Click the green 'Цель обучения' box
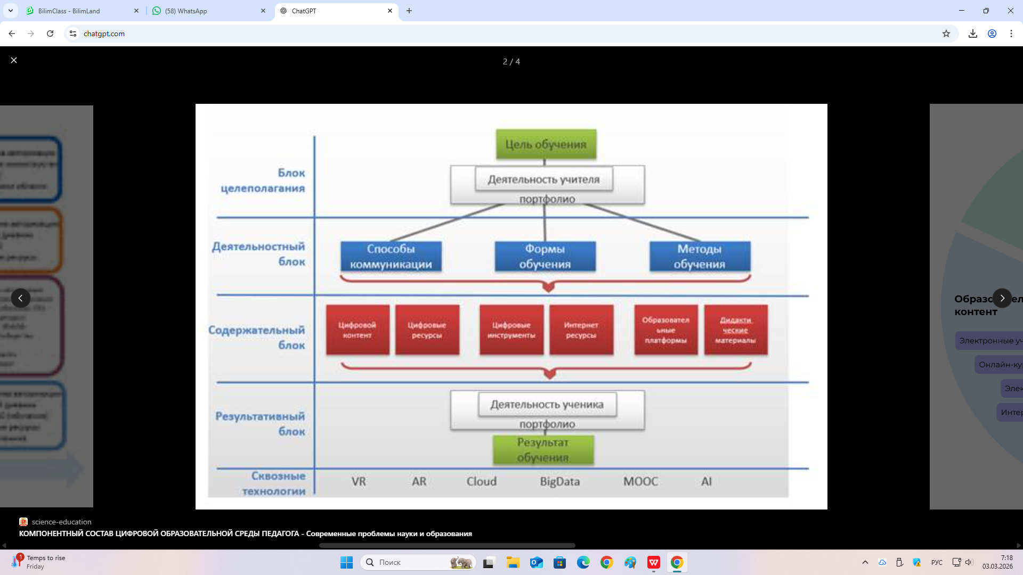click(x=546, y=144)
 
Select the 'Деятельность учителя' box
click(x=543, y=179)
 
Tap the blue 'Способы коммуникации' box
click(x=391, y=256)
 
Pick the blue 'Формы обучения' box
click(x=545, y=256)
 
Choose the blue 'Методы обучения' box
click(x=699, y=256)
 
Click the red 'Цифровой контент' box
click(x=357, y=330)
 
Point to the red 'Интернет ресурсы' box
click(x=581, y=330)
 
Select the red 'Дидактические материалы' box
click(x=735, y=330)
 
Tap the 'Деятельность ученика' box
click(x=547, y=405)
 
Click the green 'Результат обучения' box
click(x=542, y=450)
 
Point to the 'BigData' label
click(x=559, y=481)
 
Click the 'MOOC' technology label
click(x=640, y=481)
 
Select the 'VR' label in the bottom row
click(x=359, y=481)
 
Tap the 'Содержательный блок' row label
click(x=257, y=338)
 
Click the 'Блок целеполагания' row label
click(x=263, y=180)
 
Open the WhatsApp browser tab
click(x=208, y=11)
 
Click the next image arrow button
click(x=1002, y=298)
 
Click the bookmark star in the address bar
click(x=946, y=34)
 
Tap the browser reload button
click(x=50, y=34)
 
